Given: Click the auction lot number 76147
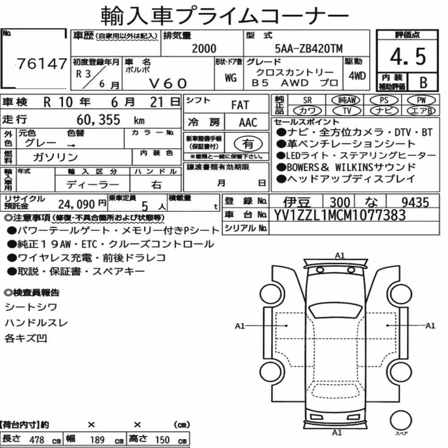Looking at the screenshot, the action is pos(42,64).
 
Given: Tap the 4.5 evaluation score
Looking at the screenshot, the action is pos(408,56).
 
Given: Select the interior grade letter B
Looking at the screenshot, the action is pos(423,82).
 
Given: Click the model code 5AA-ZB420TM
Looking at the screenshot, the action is pos(308,49).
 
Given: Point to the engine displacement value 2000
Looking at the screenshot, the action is pos(204,49).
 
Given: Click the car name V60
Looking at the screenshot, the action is pos(168,84).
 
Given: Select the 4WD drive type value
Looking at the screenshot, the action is pos(357,76).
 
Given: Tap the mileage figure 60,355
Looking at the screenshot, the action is pos(98,120).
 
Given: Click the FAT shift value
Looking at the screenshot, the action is pos(240,105).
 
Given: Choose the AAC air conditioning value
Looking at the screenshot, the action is pos(248,123).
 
